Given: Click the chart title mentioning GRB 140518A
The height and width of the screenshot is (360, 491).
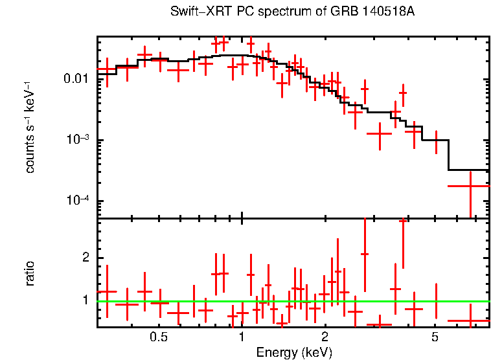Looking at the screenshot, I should tap(292, 12).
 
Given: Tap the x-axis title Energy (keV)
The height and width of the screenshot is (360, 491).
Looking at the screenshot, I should tap(293, 352).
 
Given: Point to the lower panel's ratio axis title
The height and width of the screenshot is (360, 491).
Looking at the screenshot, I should tap(30, 273).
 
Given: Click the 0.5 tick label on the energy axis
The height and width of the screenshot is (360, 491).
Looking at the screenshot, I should tap(158, 338).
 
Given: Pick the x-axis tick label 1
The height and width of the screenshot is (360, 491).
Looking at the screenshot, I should tap(242, 338).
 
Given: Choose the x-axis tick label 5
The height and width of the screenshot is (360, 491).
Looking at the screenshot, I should tap(435, 338).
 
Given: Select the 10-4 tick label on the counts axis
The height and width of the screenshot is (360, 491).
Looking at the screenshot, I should tap(78, 201).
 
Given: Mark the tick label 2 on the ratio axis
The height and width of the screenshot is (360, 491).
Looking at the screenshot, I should tap(84, 258).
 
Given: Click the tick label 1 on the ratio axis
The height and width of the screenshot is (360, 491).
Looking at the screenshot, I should tap(84, 300).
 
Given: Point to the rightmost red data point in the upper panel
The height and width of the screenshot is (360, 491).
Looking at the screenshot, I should tap(468, 186).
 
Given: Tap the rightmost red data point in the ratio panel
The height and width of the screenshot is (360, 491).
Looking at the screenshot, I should tap(468, 321).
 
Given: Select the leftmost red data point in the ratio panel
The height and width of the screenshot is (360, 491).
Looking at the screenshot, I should tap(107, 291).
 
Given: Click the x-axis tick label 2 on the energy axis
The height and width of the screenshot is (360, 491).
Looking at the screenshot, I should tap(325, 338).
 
